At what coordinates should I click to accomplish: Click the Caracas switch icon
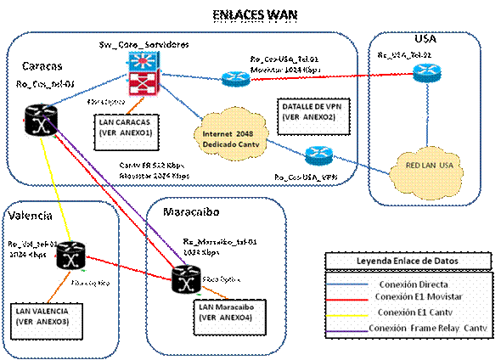[39, 121]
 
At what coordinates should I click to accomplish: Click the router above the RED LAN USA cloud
[423, 74]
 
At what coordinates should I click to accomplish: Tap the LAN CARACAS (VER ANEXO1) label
[127, 127]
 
